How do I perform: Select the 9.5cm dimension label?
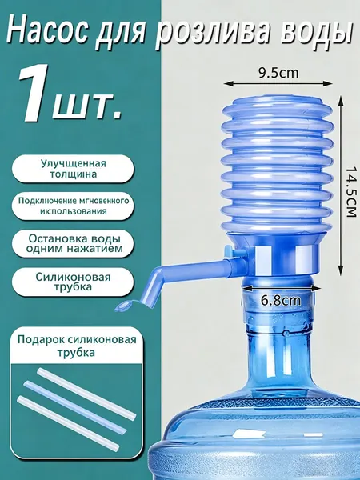click(278, 73)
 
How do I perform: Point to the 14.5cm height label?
click(351, 192)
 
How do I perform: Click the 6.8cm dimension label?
click(281, 301)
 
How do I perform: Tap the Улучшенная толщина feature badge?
click(73, 169)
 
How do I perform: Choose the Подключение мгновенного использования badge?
click(73, 206)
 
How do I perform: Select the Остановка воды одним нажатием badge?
click(73, 244)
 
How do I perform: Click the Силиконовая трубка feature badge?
click(73, 282)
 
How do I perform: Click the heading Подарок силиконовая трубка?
click(77, 346)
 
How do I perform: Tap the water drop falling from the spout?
click(125, 306)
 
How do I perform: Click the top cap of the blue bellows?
click(277, 104)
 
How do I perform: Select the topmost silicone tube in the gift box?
click(86, 394)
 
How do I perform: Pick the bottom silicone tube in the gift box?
click(68, 422)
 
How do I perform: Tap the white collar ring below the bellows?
click(286, 259)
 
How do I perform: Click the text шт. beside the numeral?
click(87, 108)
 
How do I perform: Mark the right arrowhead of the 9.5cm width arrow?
click(330, 83)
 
